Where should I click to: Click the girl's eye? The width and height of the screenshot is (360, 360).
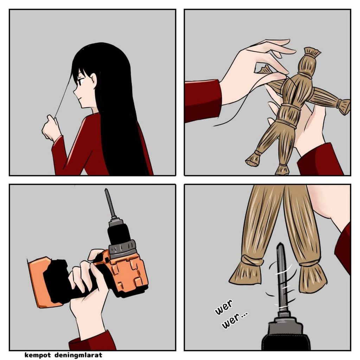coord(80,82)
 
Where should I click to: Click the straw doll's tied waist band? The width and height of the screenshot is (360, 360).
coord(291,106)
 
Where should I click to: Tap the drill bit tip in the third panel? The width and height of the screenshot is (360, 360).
coord(107,190)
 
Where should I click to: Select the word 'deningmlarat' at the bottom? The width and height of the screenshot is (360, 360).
coord(78,355)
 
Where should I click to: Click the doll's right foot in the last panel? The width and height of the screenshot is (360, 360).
coord(313,278)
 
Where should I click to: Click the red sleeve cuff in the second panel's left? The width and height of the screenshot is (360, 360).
coord(203,100)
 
